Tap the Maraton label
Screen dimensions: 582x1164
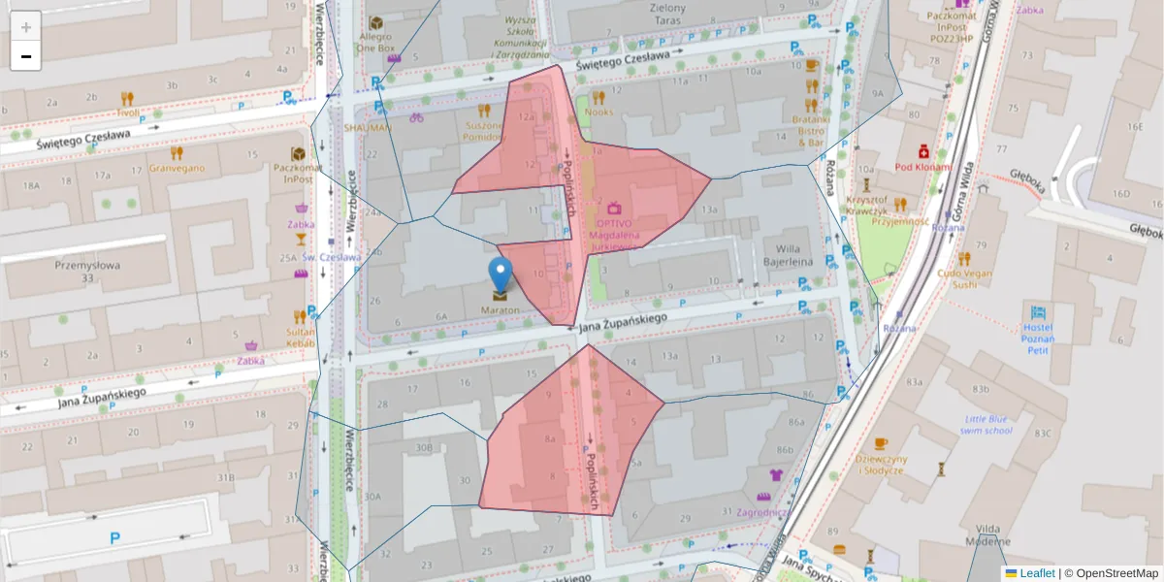(500, 310)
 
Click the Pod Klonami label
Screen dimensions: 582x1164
(922, 166)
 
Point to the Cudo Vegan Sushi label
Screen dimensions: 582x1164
(963, 278)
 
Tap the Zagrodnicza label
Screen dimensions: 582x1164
(762, 511)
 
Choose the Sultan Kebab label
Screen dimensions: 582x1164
(301, 337)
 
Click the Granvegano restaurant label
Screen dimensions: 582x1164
(177, 168)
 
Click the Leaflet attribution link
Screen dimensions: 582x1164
(1037, 573)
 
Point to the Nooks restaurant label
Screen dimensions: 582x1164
(599, 113)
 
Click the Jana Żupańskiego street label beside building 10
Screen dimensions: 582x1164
(623, 323)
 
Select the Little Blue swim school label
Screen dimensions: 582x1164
(986, 424)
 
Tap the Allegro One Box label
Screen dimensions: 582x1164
(375, 41)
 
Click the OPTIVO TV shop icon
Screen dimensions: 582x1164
(613, 208)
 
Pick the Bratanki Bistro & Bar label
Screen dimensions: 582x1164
(811, 130)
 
